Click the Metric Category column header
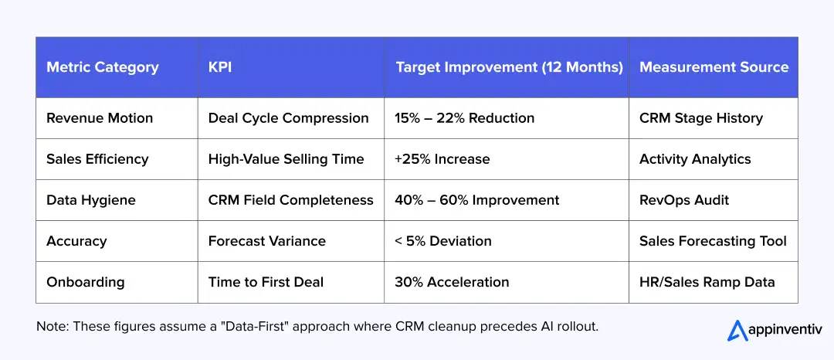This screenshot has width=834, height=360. [102, 67]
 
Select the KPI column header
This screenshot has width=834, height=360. [220, 67]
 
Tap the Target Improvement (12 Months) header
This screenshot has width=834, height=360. [509, 67]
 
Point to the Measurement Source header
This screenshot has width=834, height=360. [714, 67]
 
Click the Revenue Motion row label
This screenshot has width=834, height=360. [100, 118]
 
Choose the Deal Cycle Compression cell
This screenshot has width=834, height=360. [288, 118]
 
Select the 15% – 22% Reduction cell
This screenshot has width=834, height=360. [464, 118]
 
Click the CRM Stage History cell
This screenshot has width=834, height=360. [700, 118]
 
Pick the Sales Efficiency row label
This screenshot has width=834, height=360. [97, 159]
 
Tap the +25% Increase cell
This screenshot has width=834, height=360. [442, 159]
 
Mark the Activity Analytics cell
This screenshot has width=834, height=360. [694, 159]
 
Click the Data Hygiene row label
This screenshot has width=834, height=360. [90, 200]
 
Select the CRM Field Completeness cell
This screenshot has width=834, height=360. [290, 200]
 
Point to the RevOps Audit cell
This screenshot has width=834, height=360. [683, 200]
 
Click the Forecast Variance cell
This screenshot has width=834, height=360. [266, 241]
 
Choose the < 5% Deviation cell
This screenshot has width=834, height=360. [442, 241]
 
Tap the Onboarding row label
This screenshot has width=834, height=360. [85, 282]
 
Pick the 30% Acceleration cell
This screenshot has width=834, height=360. [452, 282]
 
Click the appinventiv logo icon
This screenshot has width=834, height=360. [737, 331]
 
